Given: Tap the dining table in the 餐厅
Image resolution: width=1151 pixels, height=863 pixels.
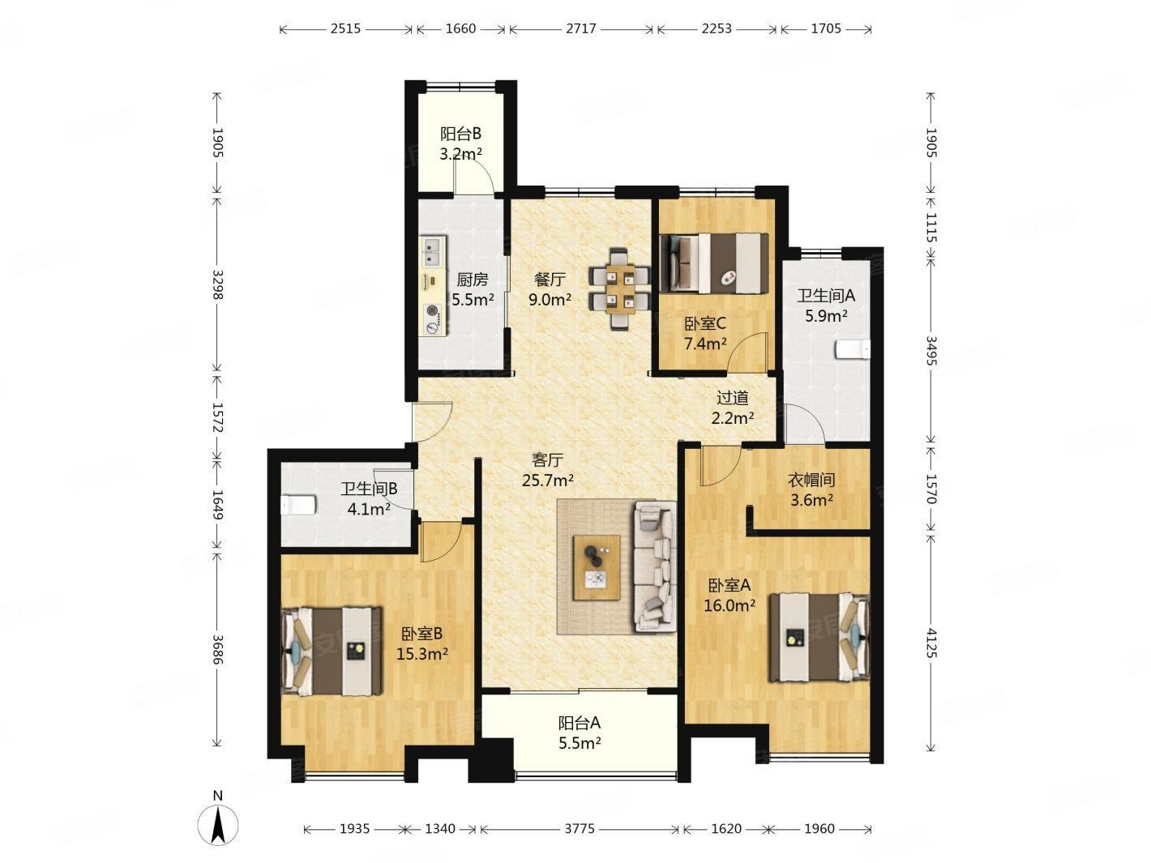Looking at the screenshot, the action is coord(619,288).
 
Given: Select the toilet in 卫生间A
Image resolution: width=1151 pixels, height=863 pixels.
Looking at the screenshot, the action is coord(852,349).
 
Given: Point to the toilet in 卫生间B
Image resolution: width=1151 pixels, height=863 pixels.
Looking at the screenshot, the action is coord(297,505).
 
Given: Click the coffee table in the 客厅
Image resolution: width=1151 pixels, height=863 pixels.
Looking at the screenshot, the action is coord(597,567).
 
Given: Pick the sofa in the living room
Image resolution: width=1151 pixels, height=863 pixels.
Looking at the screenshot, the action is coord(655,566).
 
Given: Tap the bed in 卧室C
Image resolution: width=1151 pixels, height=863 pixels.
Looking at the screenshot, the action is coord(713,263).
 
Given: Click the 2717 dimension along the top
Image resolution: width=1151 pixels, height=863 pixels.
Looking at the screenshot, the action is coord(580,29).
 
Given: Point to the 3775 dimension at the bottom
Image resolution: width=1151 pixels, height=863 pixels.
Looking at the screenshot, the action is coord(579,828).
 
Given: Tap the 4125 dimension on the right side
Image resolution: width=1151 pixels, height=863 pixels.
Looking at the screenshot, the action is coord(931,642).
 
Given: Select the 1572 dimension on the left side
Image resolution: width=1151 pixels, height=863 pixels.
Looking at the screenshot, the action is coord(216,417).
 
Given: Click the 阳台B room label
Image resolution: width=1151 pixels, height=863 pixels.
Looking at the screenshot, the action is coord(460,135).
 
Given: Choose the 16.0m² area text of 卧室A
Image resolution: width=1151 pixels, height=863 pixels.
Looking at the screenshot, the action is coord(729,606).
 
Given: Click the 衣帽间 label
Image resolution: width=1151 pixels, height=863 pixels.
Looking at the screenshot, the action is coord(811,480).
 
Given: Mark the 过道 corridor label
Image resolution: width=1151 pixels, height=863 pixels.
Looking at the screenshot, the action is coord(732,398).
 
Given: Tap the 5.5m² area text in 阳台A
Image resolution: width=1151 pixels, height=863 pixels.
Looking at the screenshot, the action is coord(579,743).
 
